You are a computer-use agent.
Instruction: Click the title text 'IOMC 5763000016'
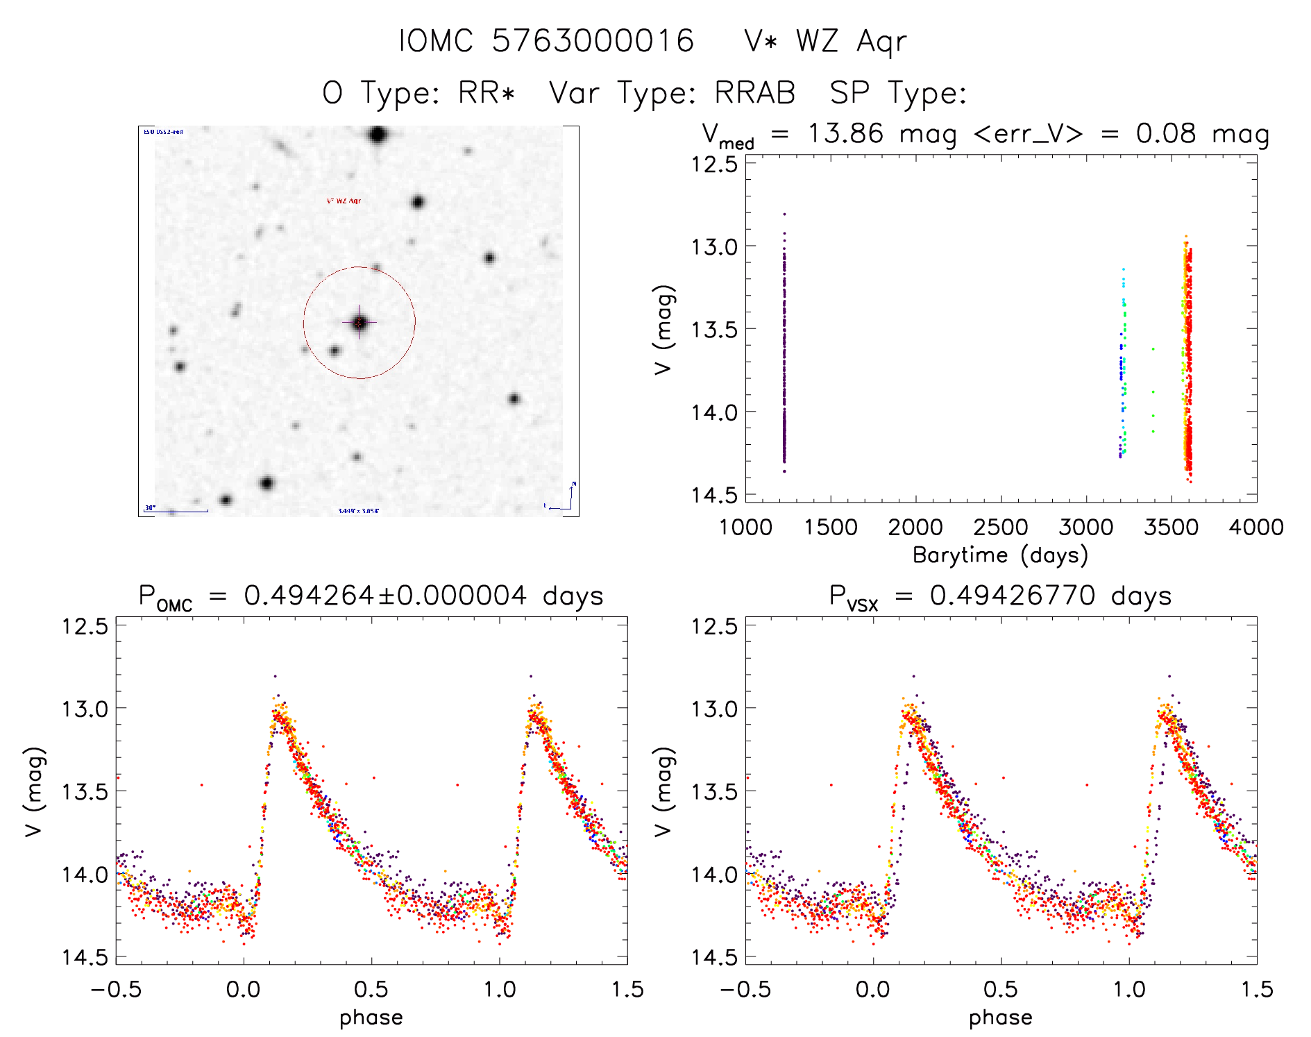[x=546, y=41]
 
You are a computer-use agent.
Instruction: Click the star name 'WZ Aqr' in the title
[x=851, y=42]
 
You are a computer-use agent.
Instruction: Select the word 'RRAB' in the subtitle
[x=754, y=93]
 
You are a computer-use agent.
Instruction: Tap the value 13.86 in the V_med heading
[x=845, y=133]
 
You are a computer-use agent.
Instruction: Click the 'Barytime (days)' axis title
[x=1000, y=555]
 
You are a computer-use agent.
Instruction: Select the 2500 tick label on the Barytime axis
[x=1000, y=528]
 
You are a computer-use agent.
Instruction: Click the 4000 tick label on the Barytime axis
[x=1255, y=528]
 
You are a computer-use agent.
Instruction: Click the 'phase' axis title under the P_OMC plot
[x=371, y=1018]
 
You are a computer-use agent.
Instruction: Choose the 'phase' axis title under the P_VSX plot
[x=1000, y=1018]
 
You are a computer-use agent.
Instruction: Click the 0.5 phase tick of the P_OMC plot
[x=371, y=989]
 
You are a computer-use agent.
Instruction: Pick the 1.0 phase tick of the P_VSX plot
[x=1128, y=989]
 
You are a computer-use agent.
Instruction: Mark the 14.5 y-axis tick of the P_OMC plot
[x=85, y=957]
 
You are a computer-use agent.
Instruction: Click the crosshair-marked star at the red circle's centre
[x=359, y=323]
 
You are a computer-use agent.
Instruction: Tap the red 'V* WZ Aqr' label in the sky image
[x=344, y=201]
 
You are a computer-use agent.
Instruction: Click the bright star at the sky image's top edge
[x=378, y=135]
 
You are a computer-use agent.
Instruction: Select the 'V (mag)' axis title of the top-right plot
[x=663, y=329]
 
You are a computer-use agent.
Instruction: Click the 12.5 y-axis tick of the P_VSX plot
[x=714, y=626]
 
